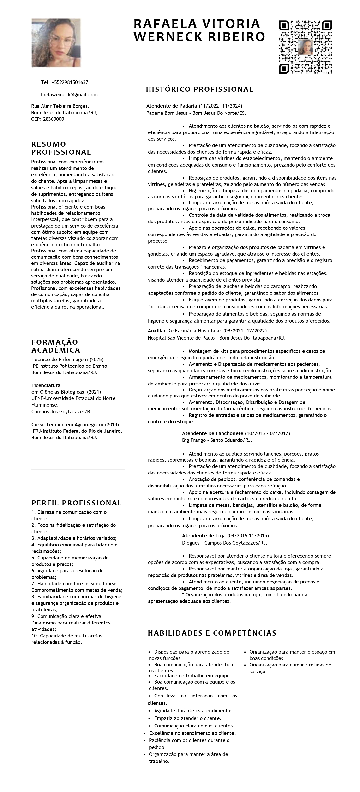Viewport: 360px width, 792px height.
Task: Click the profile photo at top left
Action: pos(56,43)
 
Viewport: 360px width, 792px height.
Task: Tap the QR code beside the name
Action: pos(305,47)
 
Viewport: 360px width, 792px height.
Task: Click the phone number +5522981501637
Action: pos(70,82)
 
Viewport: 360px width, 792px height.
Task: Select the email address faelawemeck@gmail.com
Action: pos(69,95)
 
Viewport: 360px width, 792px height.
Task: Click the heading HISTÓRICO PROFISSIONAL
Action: pos(199,90)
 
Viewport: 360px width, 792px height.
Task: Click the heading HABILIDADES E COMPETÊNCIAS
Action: pos(212,633)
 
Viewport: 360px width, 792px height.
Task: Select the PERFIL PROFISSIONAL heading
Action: pos(77,503)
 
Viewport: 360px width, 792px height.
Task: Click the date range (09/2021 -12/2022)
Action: pos(245,331)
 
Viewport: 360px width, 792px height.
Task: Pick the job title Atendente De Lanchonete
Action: pos(213,433)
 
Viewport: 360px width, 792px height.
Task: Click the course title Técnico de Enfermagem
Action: pos(60,360)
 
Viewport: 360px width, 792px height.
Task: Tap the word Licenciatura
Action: pos(46,385)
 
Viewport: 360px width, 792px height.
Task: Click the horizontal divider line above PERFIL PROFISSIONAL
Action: pos(78,470)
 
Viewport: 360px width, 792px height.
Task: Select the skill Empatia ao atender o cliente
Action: pos(187,719)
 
